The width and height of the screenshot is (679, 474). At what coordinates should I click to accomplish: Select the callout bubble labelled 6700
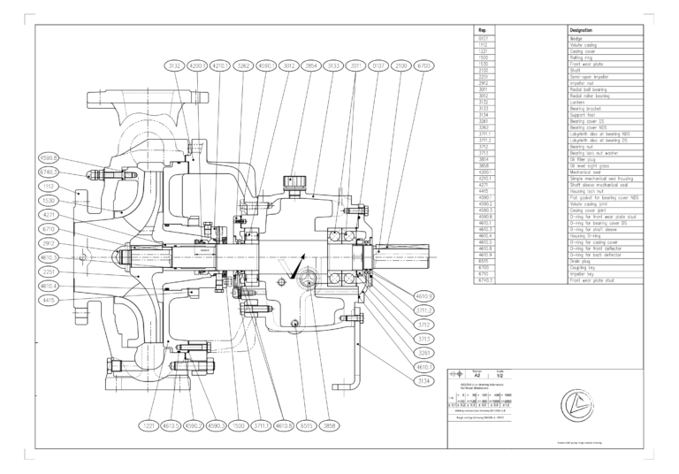click(423, 66)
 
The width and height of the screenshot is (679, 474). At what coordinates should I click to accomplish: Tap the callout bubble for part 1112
click(50, 187)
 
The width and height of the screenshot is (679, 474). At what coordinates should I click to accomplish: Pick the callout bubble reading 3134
click(423, 381)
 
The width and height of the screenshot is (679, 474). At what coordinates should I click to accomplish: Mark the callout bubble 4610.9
click(423, 296)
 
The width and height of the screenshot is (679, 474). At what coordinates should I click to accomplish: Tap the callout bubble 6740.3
click(50, 172)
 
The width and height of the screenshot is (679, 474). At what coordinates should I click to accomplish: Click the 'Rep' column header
click(483, 30)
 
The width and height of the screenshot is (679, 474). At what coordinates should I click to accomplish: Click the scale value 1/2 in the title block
click(501, 377)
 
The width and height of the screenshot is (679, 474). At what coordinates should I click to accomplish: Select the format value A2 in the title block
click(477, 377)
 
